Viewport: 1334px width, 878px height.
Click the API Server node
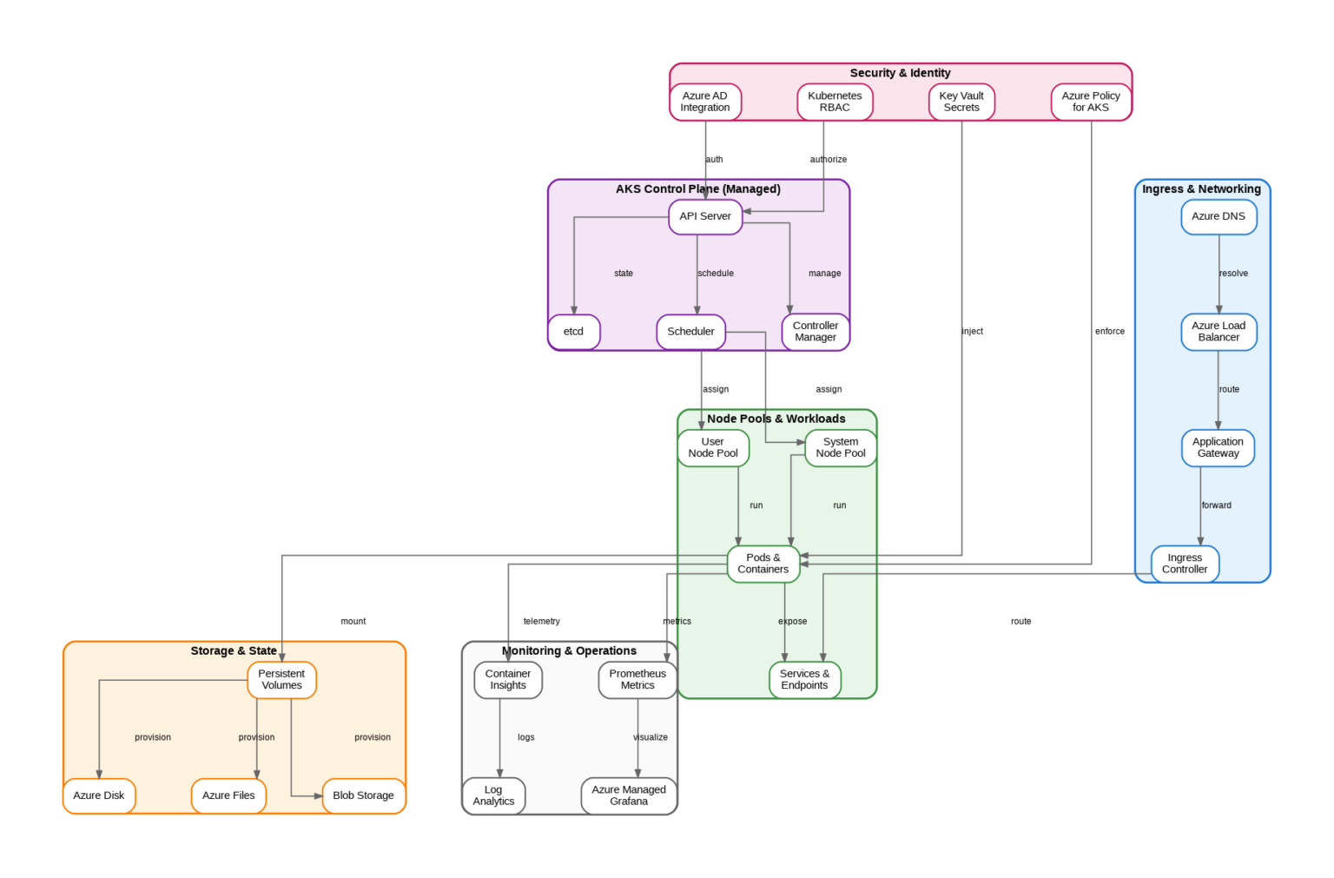tap(705, 216)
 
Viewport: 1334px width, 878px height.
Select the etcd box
tap(574, 332)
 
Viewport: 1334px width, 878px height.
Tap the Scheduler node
tap(690, 332)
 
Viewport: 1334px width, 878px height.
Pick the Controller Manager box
tap(816, 332)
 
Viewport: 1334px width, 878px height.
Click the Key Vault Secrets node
tap(961, 102)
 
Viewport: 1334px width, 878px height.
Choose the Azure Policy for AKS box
tap(1091, 102)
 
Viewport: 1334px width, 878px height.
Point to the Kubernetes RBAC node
tap(835, 102)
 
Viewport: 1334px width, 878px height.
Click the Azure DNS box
tap(1218, 216)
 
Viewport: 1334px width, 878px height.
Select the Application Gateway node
tap(1218, 447)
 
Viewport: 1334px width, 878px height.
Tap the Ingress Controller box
tap(1185, 564)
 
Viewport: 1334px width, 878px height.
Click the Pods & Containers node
tap(763, 564)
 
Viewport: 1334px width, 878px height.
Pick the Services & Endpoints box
tap(804, 679)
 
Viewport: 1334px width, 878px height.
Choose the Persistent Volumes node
tap(281, 679)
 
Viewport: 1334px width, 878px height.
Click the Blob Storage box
tap(363, 795)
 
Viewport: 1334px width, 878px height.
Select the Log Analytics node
tap(493, 795)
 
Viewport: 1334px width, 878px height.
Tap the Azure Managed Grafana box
tap(629, 795)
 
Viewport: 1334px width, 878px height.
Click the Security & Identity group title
tap(900, 73)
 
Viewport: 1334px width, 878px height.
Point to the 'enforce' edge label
tap(1110, 332)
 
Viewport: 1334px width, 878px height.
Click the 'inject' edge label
tap(973, 332)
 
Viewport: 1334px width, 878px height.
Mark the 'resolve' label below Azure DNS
tap(1233, 274)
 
